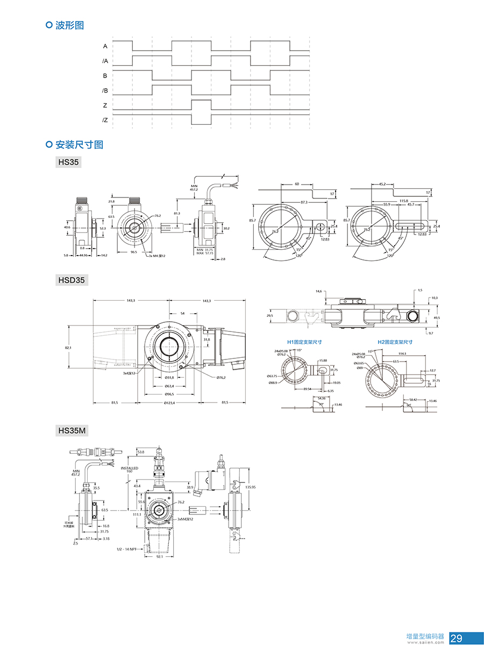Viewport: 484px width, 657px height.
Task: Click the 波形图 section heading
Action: point(70,25)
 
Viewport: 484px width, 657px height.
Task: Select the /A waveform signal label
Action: point(105,61)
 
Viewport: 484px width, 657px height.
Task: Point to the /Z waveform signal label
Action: point(105,120)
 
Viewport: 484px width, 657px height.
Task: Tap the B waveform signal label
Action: point(105,76)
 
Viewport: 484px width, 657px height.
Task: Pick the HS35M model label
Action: point(72,430)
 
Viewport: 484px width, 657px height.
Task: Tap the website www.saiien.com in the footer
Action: point(426,642)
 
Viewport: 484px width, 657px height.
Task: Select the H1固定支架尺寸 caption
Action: point(305,342)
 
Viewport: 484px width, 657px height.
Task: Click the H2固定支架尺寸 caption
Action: point(395,342)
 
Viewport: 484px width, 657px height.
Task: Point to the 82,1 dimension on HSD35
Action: point(68,348)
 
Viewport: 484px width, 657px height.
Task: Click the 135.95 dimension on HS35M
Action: point(251,487)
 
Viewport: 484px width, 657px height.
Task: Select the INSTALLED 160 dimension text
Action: point(130,470)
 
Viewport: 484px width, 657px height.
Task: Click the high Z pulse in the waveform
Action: point(201,101)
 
